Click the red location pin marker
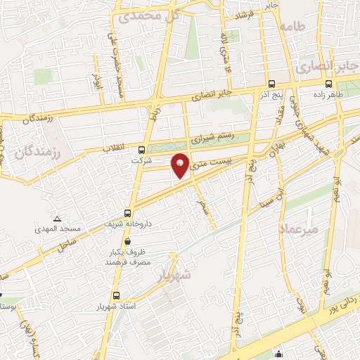[181, 165]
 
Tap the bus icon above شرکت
[142, 150]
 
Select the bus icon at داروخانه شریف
[128, 212]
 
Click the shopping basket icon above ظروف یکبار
[127, 241]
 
